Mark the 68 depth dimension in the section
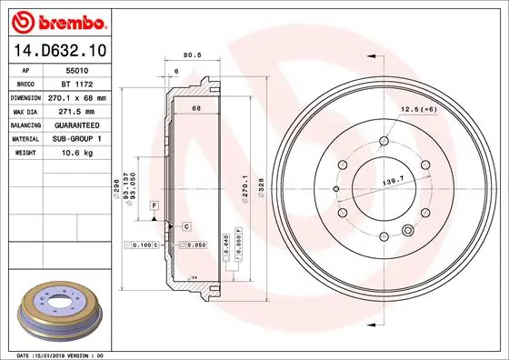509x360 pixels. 195,110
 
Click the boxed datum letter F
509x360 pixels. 156,208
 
